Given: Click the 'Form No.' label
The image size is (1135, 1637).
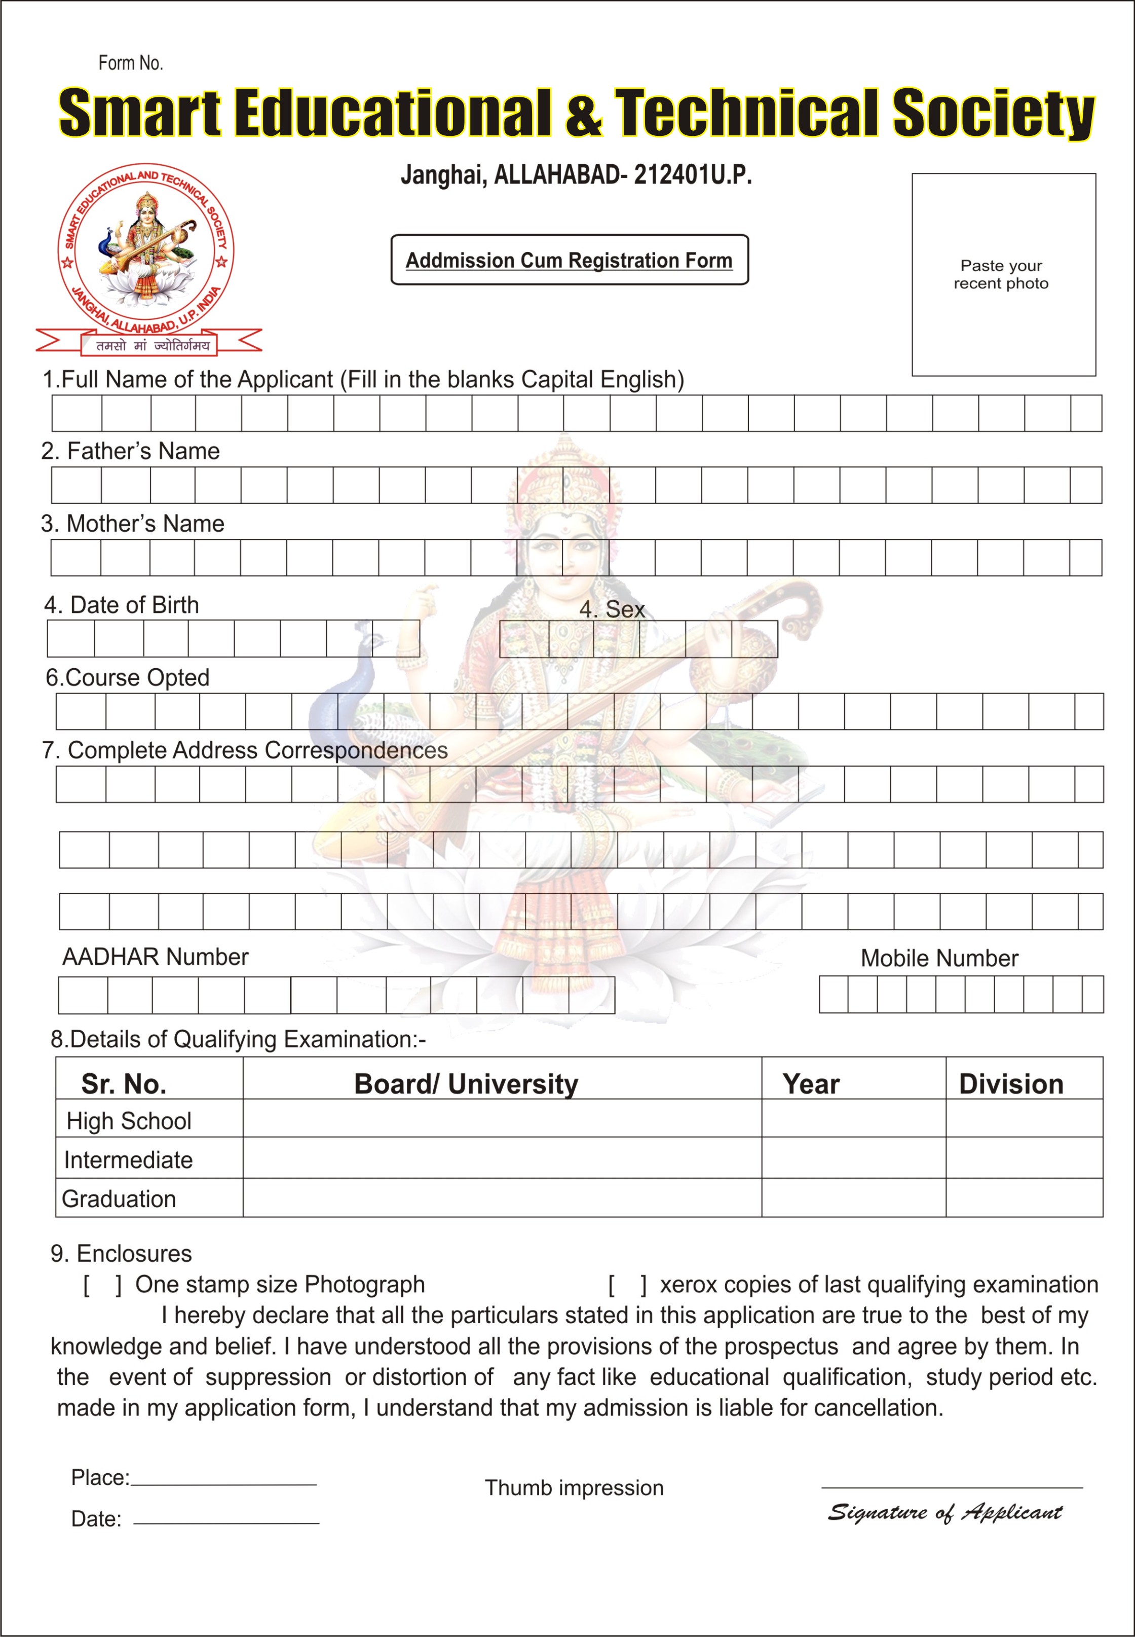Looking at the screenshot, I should coord(130,63).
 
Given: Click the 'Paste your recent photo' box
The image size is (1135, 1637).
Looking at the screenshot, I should coord(1003,275).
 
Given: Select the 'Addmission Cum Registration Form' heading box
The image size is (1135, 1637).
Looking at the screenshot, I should coord(569,260).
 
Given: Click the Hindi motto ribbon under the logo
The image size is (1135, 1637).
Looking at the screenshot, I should coord(148,344).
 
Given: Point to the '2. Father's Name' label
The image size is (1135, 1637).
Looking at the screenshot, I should coord(131,451).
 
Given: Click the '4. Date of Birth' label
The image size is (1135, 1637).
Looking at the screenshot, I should coord(122,605).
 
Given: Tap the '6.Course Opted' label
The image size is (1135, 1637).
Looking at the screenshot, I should coord(128,677).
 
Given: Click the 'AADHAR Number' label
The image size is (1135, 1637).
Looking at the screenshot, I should coord(156,957).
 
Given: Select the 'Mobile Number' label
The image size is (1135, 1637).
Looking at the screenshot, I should coord(939,958).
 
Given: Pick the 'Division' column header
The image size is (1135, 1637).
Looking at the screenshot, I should coord(1010,1083).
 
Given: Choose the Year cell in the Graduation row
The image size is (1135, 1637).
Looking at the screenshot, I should coord(853,1198).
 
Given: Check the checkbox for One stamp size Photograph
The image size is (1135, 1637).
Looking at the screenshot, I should coord(102,1285).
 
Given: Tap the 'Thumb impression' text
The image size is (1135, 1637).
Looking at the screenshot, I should coord(574,1487).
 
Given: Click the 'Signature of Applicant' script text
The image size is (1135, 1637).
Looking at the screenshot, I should coord(944,1512).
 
